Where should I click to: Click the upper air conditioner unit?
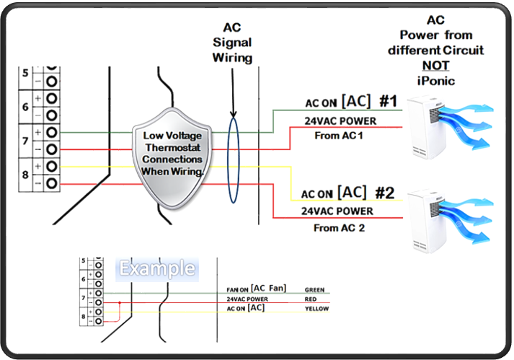[x=429, y=132]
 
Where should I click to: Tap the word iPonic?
[x=434, y=81]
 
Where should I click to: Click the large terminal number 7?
[x=25, y=140]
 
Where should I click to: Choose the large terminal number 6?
[x=25, y=106]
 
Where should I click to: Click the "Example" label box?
[x=157, y=269]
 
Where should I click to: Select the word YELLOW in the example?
[x=316, y=309]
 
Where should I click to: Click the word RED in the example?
[x=311, y=299]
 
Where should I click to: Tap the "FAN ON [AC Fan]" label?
[x=256, y=289]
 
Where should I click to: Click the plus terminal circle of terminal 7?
[x=52, y=132]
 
